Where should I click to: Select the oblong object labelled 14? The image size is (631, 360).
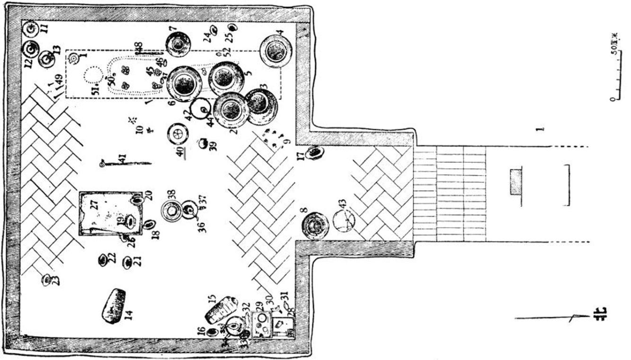pos(114,306)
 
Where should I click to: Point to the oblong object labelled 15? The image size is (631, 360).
pos(220,309)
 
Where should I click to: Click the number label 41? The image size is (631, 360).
pos(122,161)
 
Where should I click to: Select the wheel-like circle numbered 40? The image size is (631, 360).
pos(178,133)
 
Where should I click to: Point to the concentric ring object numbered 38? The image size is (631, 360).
pos(170,211)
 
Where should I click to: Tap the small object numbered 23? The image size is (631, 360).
pos(46,280)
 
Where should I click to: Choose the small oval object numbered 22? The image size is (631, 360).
pos(102,260)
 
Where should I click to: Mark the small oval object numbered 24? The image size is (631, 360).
pos(213,30)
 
